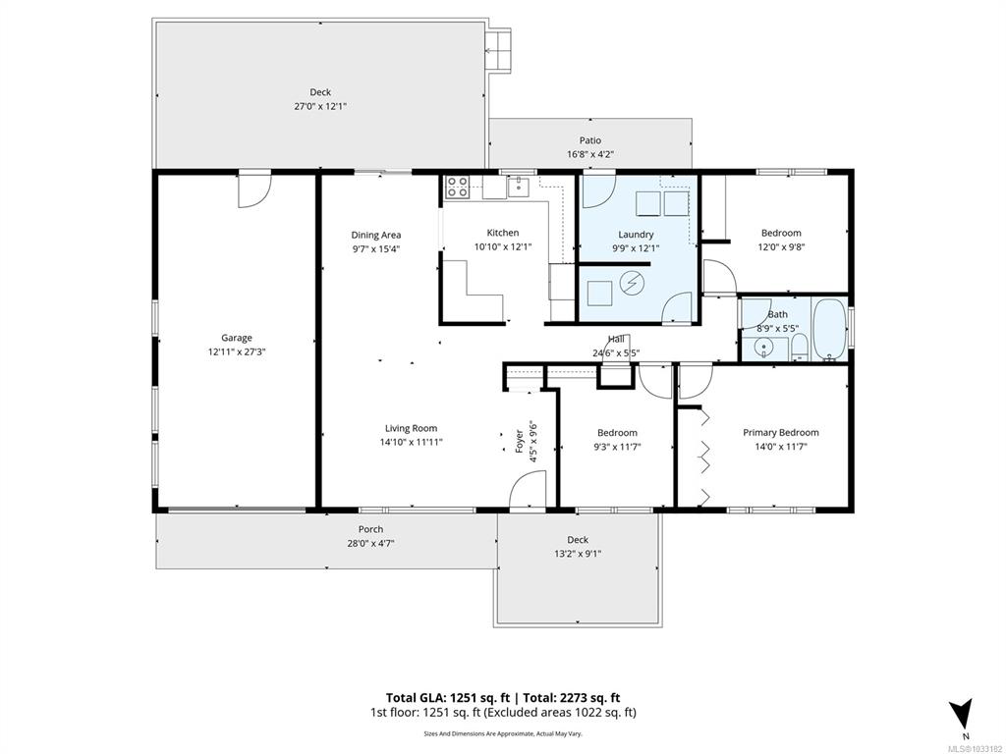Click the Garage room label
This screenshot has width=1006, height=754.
237,338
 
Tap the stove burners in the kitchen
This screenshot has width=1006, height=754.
458,187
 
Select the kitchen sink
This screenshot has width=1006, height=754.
517,187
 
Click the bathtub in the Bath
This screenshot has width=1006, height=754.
829,329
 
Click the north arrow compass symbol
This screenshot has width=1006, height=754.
961,713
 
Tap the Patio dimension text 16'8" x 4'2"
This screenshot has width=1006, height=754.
590,154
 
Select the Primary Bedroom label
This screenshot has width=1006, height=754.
781,432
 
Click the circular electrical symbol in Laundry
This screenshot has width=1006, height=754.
632,282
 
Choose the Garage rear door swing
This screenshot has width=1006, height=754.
254,190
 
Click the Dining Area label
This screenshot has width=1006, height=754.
376,235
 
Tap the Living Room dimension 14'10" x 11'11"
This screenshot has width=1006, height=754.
412,442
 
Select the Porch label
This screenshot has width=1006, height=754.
370,529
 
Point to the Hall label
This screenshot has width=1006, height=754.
616,339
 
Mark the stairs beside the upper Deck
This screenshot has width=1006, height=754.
498,50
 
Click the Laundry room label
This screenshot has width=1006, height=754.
636,235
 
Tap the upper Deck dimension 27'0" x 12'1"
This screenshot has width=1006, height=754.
320,106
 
